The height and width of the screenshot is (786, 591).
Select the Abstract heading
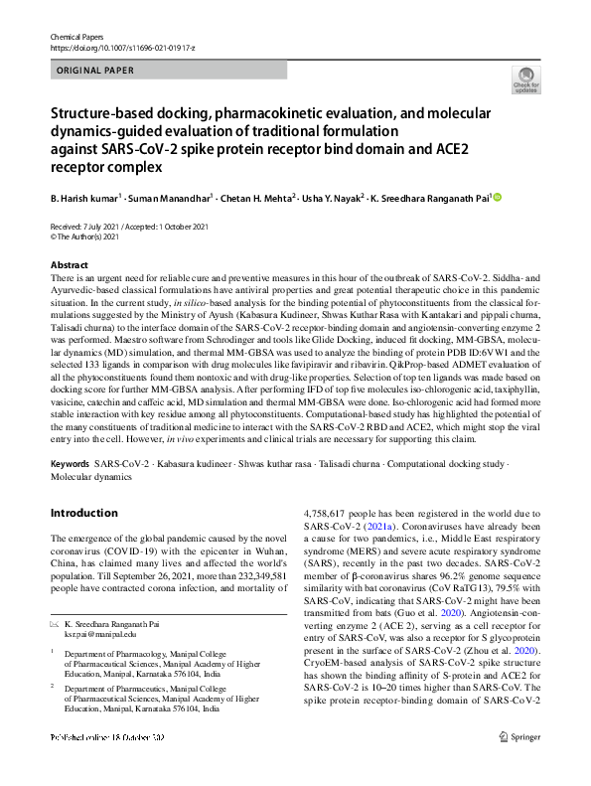coord(71,265)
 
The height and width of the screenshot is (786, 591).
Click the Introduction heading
coord(83,513)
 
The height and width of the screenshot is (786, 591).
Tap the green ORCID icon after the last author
coord(498,199)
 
